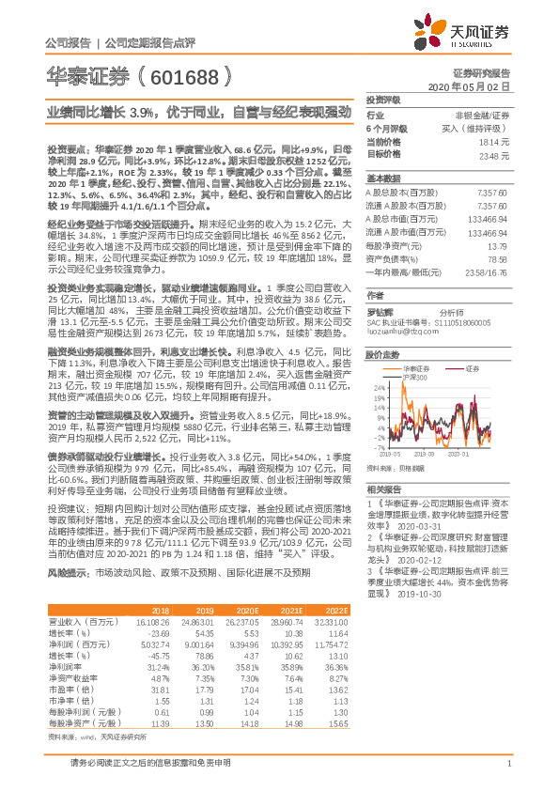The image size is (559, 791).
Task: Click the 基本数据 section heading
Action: (x=382, y=178)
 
